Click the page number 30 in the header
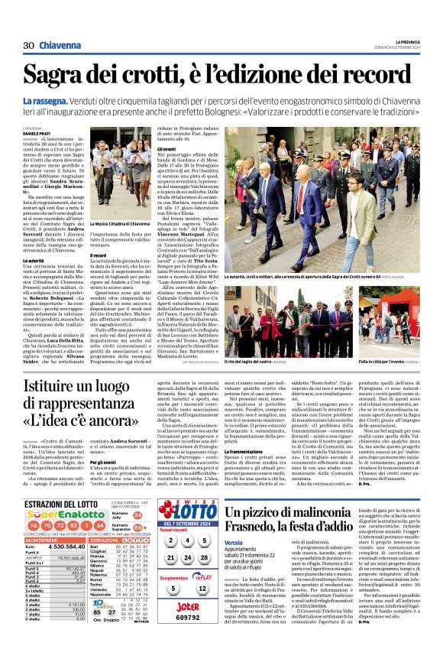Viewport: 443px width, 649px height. coord(28,46)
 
